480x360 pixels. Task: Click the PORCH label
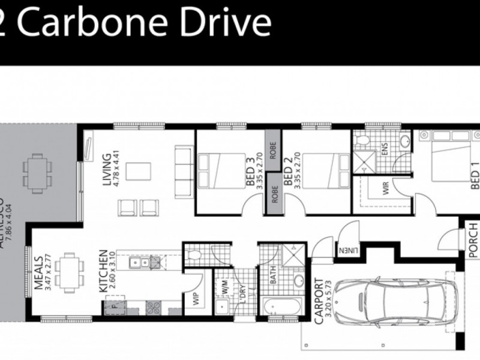(x=472, y=240)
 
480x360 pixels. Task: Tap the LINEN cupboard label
(x=347, y=250)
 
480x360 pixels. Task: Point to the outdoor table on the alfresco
(x=37, y=172)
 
